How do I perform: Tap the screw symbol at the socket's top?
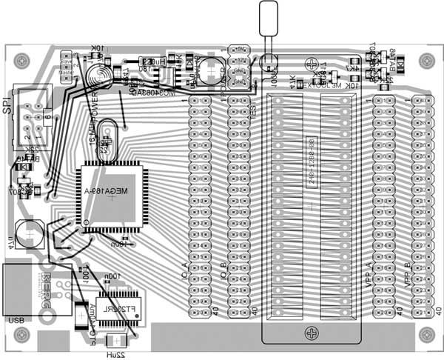click(312, 65)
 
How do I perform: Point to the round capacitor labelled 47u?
click(30, 233)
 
